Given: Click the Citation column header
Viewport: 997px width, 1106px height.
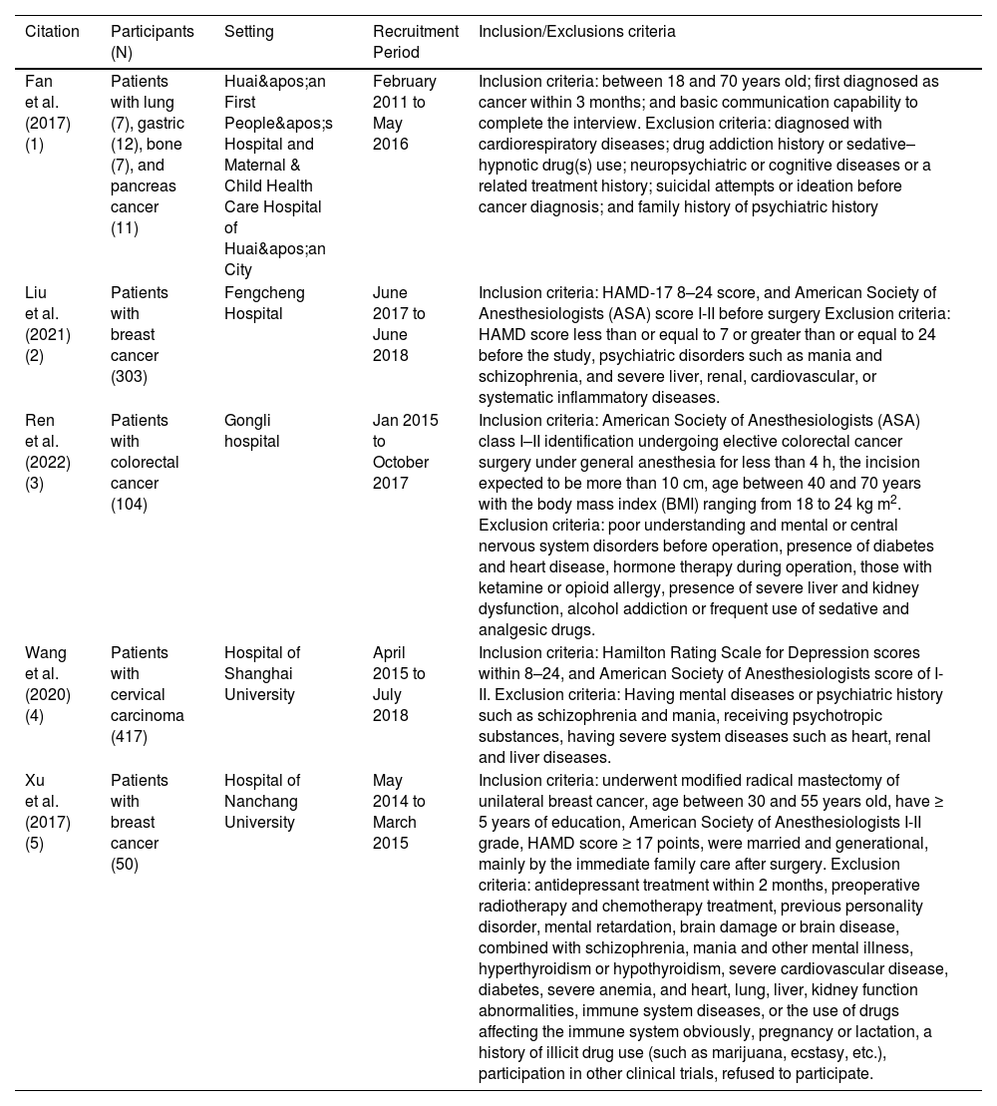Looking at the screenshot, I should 52,32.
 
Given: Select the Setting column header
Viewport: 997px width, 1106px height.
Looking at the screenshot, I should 248,32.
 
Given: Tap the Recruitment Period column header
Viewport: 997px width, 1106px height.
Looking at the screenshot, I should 415,42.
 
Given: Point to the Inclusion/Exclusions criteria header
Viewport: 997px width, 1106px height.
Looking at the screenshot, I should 576,32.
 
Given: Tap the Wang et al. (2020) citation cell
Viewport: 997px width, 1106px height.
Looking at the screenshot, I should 46,684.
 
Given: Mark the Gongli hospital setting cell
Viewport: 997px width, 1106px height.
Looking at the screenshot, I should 248,431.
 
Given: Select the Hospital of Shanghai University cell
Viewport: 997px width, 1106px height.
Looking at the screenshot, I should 262,674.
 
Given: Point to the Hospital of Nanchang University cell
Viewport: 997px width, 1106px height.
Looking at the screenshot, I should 262,802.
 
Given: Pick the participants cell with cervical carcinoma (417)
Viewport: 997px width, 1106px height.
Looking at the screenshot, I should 148,684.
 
